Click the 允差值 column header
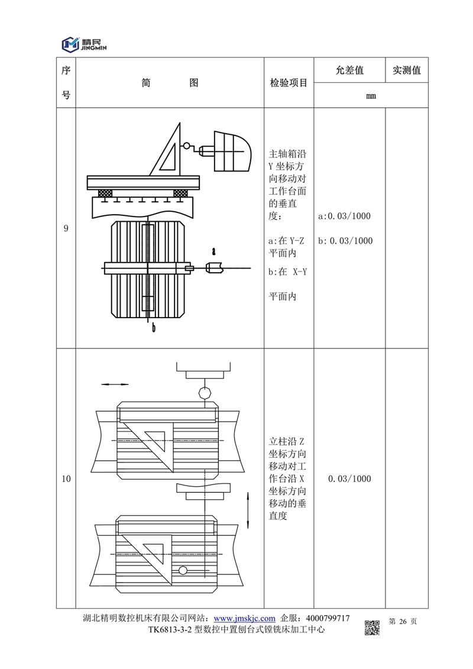click(x=349, y=70)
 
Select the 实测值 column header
click(x=407, y=70)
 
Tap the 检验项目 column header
click(x=289, y=83)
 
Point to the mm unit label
click(x=371, y=96)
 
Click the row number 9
click(x=66, y=228)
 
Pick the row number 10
click(x=66, y=479)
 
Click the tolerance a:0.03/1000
click(x=345, y=216)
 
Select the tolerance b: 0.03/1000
click(x=345, y=241)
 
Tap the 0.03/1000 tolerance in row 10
click(x=349, y=479)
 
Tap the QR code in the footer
click(x=371, y=627)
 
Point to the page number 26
click(x=404, y=621)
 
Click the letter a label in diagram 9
click(x=213, y=251)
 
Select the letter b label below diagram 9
click(x=153, y=328)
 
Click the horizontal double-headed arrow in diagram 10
click(x=115, y=384)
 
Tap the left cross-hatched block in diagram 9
click(x=106, y=193)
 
